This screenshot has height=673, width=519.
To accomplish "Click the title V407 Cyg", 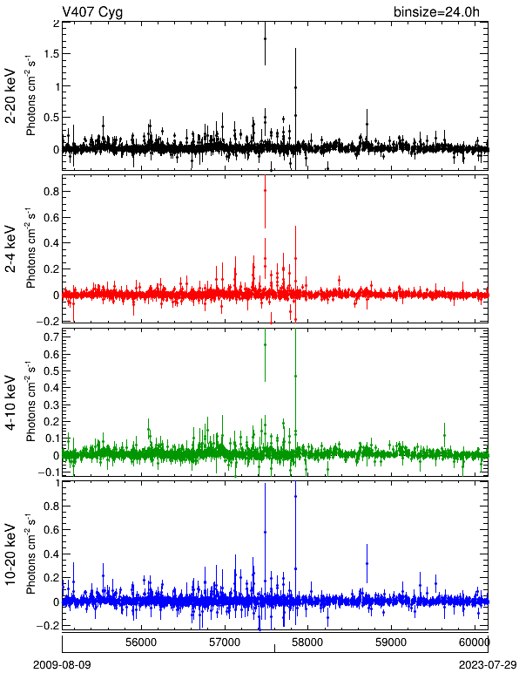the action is coord(92,12).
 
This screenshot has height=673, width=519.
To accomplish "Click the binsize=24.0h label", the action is coord(436,12).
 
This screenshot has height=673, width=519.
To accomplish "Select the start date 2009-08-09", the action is coord(62,665).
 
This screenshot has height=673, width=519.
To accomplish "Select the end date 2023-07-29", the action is coord(488,665).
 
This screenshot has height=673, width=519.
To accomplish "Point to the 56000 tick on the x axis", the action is coord(142,642).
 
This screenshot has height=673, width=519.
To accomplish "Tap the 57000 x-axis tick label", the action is coord(226,642).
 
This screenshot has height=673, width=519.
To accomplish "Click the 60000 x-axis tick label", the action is coord(474,642).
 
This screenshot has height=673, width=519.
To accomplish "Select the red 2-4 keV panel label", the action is coord(10,249).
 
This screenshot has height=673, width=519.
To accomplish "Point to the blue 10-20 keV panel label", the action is coord(10,554).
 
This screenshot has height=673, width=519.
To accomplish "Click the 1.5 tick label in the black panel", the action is coord(51,54).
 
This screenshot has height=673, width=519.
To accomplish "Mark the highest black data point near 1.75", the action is coord(265,38).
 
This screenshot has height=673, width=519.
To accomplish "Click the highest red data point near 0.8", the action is coord(265,190).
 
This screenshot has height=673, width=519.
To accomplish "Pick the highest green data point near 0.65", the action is coord(265,344).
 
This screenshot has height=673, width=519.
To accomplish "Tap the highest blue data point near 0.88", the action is coord(295,496).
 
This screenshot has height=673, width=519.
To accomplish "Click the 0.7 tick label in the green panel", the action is coord(51,336).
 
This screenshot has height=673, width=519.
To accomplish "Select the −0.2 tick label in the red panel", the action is coord(48,321).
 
